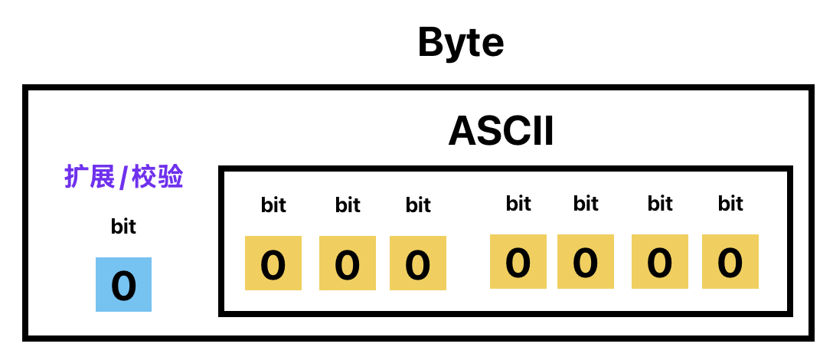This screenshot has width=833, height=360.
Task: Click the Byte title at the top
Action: tap(461, 43)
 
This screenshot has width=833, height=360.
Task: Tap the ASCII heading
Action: tap(501, 131)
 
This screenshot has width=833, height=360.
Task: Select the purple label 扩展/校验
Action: tap(124, 176)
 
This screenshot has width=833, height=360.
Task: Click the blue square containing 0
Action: tap(124, 284)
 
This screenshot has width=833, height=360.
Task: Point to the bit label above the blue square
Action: tap(124, 226)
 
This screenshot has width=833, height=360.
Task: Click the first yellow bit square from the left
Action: tap(273, 263)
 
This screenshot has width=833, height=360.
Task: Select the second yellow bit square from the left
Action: tap(348, 263)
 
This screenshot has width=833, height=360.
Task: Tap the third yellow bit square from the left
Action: tap(418, 263)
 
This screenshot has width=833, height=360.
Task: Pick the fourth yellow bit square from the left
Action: tap(518, 262)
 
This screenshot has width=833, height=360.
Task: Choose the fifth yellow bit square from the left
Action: tap(586, 262)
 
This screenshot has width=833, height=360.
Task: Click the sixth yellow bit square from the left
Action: tap(660, 262)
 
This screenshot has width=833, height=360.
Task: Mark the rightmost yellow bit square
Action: tap(730, 262)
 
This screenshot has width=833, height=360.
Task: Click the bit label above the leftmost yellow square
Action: tap(273, 205)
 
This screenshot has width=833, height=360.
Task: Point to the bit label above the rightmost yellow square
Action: tap(730, 203)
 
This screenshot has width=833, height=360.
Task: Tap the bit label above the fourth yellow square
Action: tap(518, 203)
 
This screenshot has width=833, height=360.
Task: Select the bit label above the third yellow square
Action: tap(418, 205)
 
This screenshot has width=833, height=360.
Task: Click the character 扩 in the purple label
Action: tap(76, 176)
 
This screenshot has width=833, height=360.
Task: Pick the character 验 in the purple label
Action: tap(171, 176)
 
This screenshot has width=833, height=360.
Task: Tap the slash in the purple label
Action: tap(123, 177)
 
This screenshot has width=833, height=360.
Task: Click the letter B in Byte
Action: tap(430, 43)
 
